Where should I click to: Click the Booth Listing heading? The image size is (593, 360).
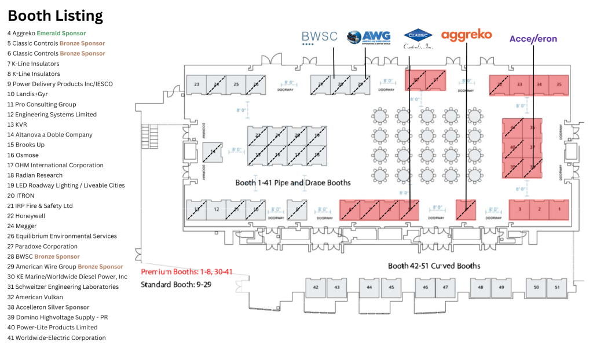point(56,16)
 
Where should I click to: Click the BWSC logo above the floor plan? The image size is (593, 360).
point(319,38)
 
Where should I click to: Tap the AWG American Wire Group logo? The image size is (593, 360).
point(368,38)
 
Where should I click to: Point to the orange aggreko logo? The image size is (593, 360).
point(466,35)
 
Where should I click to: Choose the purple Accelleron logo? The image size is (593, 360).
point(533,39)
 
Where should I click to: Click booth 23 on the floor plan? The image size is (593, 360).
point(196,85)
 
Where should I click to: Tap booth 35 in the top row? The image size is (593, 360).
point(558,85)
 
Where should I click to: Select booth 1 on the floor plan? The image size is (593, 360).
point(559,209)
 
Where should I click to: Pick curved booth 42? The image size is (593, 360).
point(316,287)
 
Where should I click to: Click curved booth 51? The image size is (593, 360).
point(557,287)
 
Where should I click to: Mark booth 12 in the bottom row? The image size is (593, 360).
point(215,209)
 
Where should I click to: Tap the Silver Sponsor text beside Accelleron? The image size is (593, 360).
point(74,307)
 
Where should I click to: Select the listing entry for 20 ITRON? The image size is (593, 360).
point(21,196)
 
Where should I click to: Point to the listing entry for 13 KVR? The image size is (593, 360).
point(18,124)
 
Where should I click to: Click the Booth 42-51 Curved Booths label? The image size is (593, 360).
point(434,266)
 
